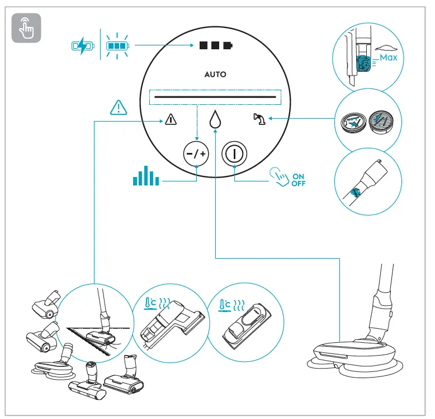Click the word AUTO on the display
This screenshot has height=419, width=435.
[x=215, y=74]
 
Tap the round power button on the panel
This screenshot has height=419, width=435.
[x=234, y=152]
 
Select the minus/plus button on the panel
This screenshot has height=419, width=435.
[x=196, y=152]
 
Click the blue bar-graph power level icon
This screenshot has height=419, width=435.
[x=146, y=175]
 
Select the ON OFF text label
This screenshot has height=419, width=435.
[x=299, y=180]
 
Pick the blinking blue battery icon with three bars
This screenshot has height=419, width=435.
[x=117, y=45]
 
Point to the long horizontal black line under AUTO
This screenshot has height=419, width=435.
[x=215, y=97]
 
